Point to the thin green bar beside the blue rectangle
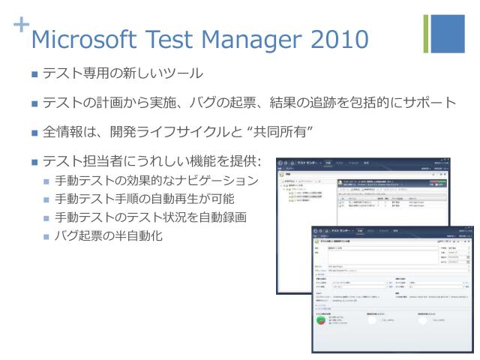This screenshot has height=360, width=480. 427,34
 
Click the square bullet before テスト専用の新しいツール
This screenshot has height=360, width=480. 34,74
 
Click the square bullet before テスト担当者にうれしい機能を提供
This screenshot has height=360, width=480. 34,162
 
